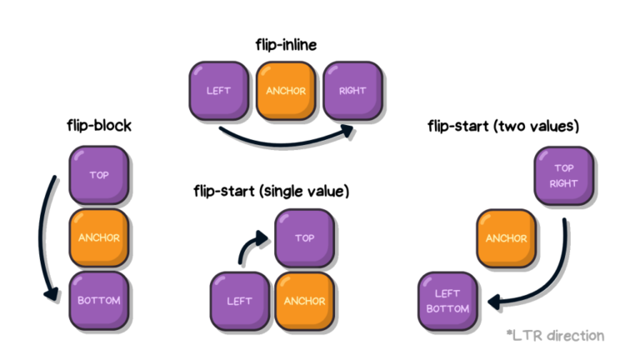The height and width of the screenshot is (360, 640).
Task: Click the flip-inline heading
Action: pyautogui.click(x=286, y=44)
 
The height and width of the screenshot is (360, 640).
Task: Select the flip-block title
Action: pyautogui.click(x=99, y=125)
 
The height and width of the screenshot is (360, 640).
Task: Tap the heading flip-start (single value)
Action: pyautogui.click(x=272, y=191)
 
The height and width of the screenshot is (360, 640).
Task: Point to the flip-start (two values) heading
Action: pyautogui.click(x=503, y=126)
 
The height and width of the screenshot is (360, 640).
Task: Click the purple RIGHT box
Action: pyautogui.click(x=352, y=91)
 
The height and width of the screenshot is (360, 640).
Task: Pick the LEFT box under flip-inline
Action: pyautogui.click(x=219, y=91)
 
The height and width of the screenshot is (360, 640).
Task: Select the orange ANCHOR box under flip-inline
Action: pyautogui.click(x=286, y=91)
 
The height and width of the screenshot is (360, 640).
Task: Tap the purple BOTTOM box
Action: pyautogui.click(x=99, y=301)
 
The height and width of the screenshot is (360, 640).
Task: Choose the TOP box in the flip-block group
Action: pyautogui.click(x=99, y=175)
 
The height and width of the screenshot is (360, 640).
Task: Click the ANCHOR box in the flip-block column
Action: pyautogui.click(x=99, y=238)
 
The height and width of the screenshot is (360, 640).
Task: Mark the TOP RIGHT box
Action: pyautogui.click(x=563, y=176)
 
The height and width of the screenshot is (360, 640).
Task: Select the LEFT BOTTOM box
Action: pyautogui.click(x=447, y=301)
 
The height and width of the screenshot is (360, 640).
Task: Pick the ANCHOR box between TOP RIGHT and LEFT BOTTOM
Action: pyautogui.click(x=506, y=239)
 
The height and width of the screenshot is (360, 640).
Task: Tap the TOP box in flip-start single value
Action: pyautogui.click(x=304, y=238)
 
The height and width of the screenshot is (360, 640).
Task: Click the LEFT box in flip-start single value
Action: pyautogui.click(x=240, y=301)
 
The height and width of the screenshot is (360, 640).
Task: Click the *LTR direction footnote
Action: pyautogui.click(x=555, y=336)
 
